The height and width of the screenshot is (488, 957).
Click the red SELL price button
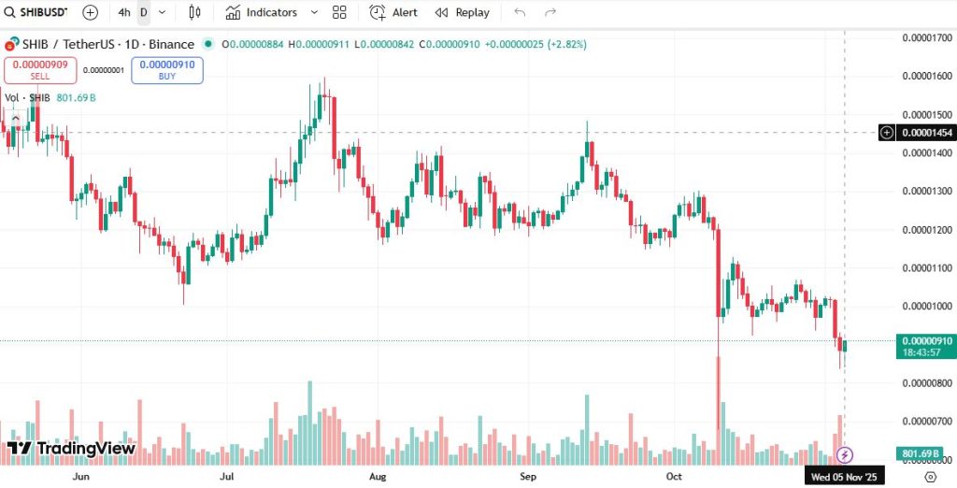(39, 70)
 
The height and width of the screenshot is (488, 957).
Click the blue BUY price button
(166, 70)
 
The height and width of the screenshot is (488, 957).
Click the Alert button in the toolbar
(393, 12)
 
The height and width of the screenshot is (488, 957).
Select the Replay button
(463, 12)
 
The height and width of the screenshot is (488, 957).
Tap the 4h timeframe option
(124, 12)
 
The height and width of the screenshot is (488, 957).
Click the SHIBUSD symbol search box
(37, 12)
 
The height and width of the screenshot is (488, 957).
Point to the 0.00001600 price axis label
(926, 76)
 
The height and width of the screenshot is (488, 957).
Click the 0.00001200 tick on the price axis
(926, 229)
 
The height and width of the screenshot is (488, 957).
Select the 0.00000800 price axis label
(926, 382)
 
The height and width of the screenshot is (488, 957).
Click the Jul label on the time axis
(227, 476)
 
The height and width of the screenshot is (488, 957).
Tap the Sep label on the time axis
(528, 476)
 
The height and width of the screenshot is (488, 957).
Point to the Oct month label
(675, 476)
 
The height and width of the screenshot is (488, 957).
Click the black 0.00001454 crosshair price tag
(925, 133)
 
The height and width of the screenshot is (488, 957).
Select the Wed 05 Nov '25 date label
(845, 476)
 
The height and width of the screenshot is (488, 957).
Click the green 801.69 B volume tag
(920, 453)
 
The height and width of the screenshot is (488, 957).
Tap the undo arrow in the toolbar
(520, 12)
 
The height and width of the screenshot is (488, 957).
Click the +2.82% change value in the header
(566, 44)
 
